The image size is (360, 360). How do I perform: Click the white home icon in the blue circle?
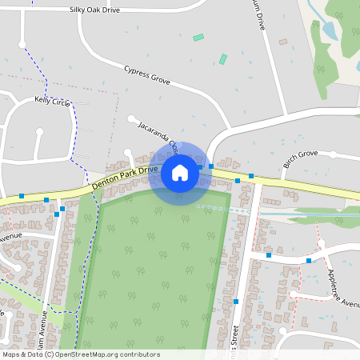point(180,172)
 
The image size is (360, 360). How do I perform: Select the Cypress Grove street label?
point(148,75)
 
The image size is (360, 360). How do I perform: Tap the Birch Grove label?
point(300,160)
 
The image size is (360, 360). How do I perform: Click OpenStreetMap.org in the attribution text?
point(88,354)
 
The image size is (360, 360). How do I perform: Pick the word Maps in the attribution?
point(12,354)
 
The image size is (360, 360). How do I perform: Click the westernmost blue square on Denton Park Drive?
point(22,195)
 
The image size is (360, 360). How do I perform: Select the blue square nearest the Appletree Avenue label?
point(309,260)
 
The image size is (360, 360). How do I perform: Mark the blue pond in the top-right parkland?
point(329,31)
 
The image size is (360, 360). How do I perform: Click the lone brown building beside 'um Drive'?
point(282,42)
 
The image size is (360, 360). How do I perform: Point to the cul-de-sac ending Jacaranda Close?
point(131,118)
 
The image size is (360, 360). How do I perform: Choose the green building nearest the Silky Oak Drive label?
point(198,38)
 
